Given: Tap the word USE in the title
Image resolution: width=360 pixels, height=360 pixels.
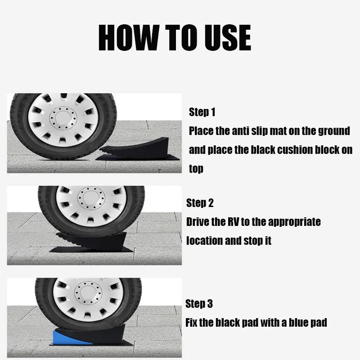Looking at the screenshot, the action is point(228,37).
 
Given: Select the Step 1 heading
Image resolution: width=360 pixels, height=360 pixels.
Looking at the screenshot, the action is point(202,112).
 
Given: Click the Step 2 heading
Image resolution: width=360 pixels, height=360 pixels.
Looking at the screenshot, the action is point(200,203).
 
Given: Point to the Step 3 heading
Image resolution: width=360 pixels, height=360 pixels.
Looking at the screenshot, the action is point(199,303).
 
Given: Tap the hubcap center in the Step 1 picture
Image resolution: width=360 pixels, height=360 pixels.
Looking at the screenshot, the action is point(63,118).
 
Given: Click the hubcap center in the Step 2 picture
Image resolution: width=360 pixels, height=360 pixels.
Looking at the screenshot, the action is point(91,198).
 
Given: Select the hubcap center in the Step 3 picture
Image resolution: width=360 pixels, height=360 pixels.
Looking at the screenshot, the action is point(88,293).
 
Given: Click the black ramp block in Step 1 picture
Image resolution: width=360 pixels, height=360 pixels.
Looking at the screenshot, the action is point(138,148).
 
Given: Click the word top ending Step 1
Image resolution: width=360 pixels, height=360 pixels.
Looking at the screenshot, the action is point(196,169).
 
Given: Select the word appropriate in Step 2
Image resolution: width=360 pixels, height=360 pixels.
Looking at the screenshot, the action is point(294,222).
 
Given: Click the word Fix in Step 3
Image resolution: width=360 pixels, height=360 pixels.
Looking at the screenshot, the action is point(191,322).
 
